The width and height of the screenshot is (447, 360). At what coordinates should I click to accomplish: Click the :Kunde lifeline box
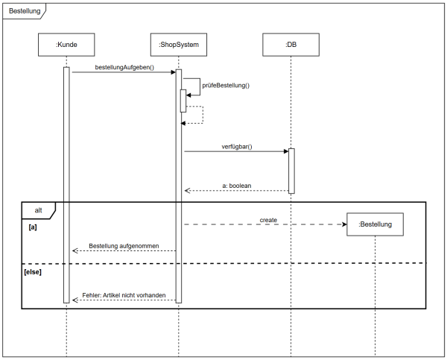click(x=66, y=45)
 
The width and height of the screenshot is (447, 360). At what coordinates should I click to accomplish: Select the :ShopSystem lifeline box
click(x=178, y=45)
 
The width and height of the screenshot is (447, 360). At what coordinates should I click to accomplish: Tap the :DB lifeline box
click(x=291, y=45)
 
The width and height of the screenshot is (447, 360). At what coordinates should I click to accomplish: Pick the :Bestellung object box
click(x=375, y=224)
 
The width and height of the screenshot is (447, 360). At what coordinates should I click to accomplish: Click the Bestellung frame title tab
click(x=25, y=11)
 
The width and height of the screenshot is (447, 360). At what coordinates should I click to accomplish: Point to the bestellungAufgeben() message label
click(x=124, y=67)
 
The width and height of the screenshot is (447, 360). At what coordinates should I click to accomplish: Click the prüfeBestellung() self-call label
click(x=226, y=86)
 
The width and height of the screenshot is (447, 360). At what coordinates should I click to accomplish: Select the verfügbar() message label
click(x=237, y=146)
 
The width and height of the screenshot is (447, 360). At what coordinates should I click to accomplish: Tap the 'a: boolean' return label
click(x=237, y=186)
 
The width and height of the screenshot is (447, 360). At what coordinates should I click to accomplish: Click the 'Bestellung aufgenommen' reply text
click(x=124, y=246)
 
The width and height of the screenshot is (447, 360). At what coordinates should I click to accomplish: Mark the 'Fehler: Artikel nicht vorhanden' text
click(x=124, y=295)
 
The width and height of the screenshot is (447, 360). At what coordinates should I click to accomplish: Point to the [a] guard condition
click(x=33, y=226)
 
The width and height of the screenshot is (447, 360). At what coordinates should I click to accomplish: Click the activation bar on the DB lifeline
click(x=291, y=171)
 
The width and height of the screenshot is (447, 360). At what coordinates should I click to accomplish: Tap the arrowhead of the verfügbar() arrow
click(x=285, y=151)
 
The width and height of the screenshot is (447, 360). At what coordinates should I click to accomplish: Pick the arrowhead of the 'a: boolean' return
click(x=188, y=191)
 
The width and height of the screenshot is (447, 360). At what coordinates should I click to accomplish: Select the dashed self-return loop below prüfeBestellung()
click(x=197, y=115)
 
